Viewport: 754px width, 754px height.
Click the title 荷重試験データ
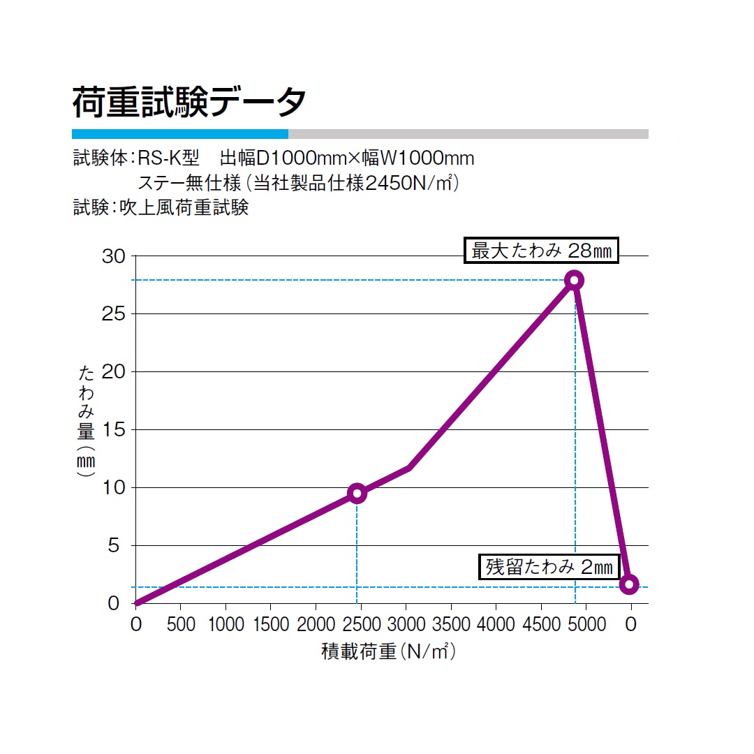pos(189,103)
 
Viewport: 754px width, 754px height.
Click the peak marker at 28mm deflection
pos(574,280)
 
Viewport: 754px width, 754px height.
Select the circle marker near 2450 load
pos(357,494)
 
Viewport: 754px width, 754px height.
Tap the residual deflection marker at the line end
pos(629,584)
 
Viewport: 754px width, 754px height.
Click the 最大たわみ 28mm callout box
pos(542,250)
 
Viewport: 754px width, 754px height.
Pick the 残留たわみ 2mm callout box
pos(549,567)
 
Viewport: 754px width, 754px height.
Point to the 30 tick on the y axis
pos(114,257)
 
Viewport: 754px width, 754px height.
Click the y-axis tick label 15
pos(114,430)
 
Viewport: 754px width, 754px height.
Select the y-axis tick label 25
pos(114,314)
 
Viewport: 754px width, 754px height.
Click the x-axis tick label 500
pos(181,623)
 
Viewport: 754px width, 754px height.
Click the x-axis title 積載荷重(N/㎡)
pos(388,652)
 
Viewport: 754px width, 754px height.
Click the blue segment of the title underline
pos(179,134)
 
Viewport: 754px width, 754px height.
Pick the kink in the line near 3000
pos(408,468)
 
